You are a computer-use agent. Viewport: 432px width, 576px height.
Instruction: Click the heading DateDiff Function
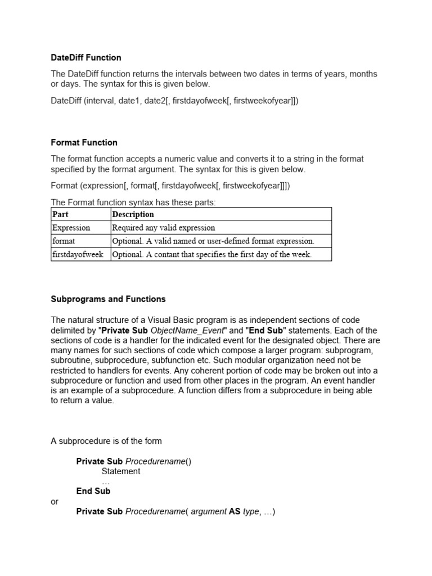(85, 57)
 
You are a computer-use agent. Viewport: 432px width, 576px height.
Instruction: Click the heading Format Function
(84, 142)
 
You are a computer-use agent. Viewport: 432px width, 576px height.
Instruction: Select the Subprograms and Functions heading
(108, 299)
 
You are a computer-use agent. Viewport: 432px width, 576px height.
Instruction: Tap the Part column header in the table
(60, 214)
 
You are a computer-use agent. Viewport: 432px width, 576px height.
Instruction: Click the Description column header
(133, 214)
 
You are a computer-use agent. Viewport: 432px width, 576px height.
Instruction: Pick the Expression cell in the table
(71, 228)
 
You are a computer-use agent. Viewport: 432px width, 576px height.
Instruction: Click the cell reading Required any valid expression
(163, 228)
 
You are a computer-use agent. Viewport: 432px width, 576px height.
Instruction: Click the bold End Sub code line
(93, 491)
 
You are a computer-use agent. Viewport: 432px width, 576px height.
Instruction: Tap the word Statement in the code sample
(121, 471)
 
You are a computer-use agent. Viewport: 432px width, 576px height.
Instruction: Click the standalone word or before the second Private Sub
(55, 501)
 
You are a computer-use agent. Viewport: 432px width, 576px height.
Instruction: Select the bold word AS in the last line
(235, 511)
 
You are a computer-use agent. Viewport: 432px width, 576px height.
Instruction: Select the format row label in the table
(64, 241)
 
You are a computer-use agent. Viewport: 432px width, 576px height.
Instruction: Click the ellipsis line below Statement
(106, 481)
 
